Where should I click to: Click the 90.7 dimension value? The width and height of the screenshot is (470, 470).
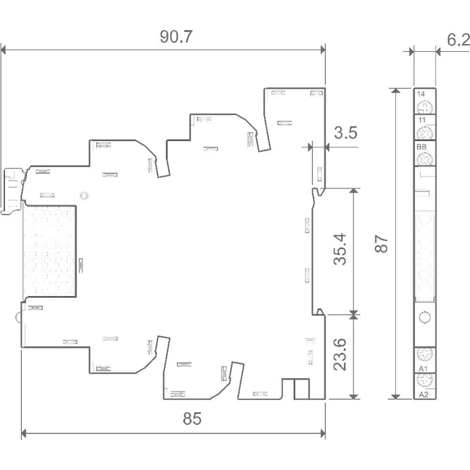click(x=176, y=37)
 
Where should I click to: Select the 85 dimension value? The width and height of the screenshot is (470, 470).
click(x=192, y=418)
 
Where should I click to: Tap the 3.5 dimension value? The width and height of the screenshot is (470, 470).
click(x=346, y=133)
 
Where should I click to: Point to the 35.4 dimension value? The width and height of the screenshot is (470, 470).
click(x=340, y=249)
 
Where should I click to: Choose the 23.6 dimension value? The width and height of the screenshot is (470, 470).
click(x=340, y=354)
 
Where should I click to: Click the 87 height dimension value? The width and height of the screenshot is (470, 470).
click(x=381, y=243)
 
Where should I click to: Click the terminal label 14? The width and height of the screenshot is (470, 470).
click(x=421, y=94)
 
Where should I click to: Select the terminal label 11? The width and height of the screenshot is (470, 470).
click(x=422, y=120)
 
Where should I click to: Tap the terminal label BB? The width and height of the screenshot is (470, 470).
click(x=422, y=147)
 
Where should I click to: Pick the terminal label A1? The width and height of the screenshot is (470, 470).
click(x=423, y=368)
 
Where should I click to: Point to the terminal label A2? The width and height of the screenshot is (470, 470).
click(x=423, y=394)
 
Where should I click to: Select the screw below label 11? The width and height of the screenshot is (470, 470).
click(x=425, y=133)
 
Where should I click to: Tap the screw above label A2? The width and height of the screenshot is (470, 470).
click(x=425, y=381)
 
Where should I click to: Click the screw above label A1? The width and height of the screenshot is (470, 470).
click(x=425, y=354)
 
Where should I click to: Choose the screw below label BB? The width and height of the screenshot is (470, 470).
click(x=425, y=158)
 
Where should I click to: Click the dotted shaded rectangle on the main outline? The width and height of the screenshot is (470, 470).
click(x=50, y=251)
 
